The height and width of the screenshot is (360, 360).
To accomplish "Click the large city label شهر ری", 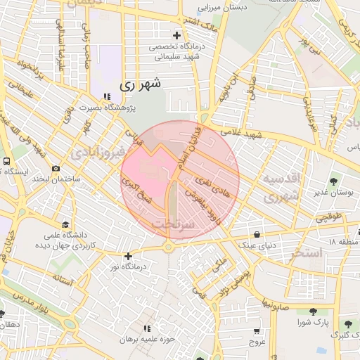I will [141, 84].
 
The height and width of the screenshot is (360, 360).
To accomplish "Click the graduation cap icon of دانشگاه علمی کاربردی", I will [65, 224].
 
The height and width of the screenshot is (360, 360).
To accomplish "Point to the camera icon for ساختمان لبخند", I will [56, 168].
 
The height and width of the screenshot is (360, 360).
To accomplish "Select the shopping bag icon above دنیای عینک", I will [257, 233].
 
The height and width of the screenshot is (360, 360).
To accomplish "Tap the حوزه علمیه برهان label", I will [146, 339].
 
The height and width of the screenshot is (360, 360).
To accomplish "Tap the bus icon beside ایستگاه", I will [6, 161].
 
